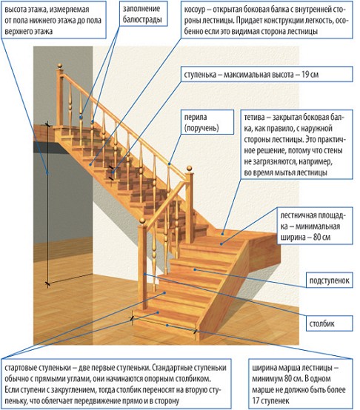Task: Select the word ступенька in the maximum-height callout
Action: pyautogui.click(x=207, y=75)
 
